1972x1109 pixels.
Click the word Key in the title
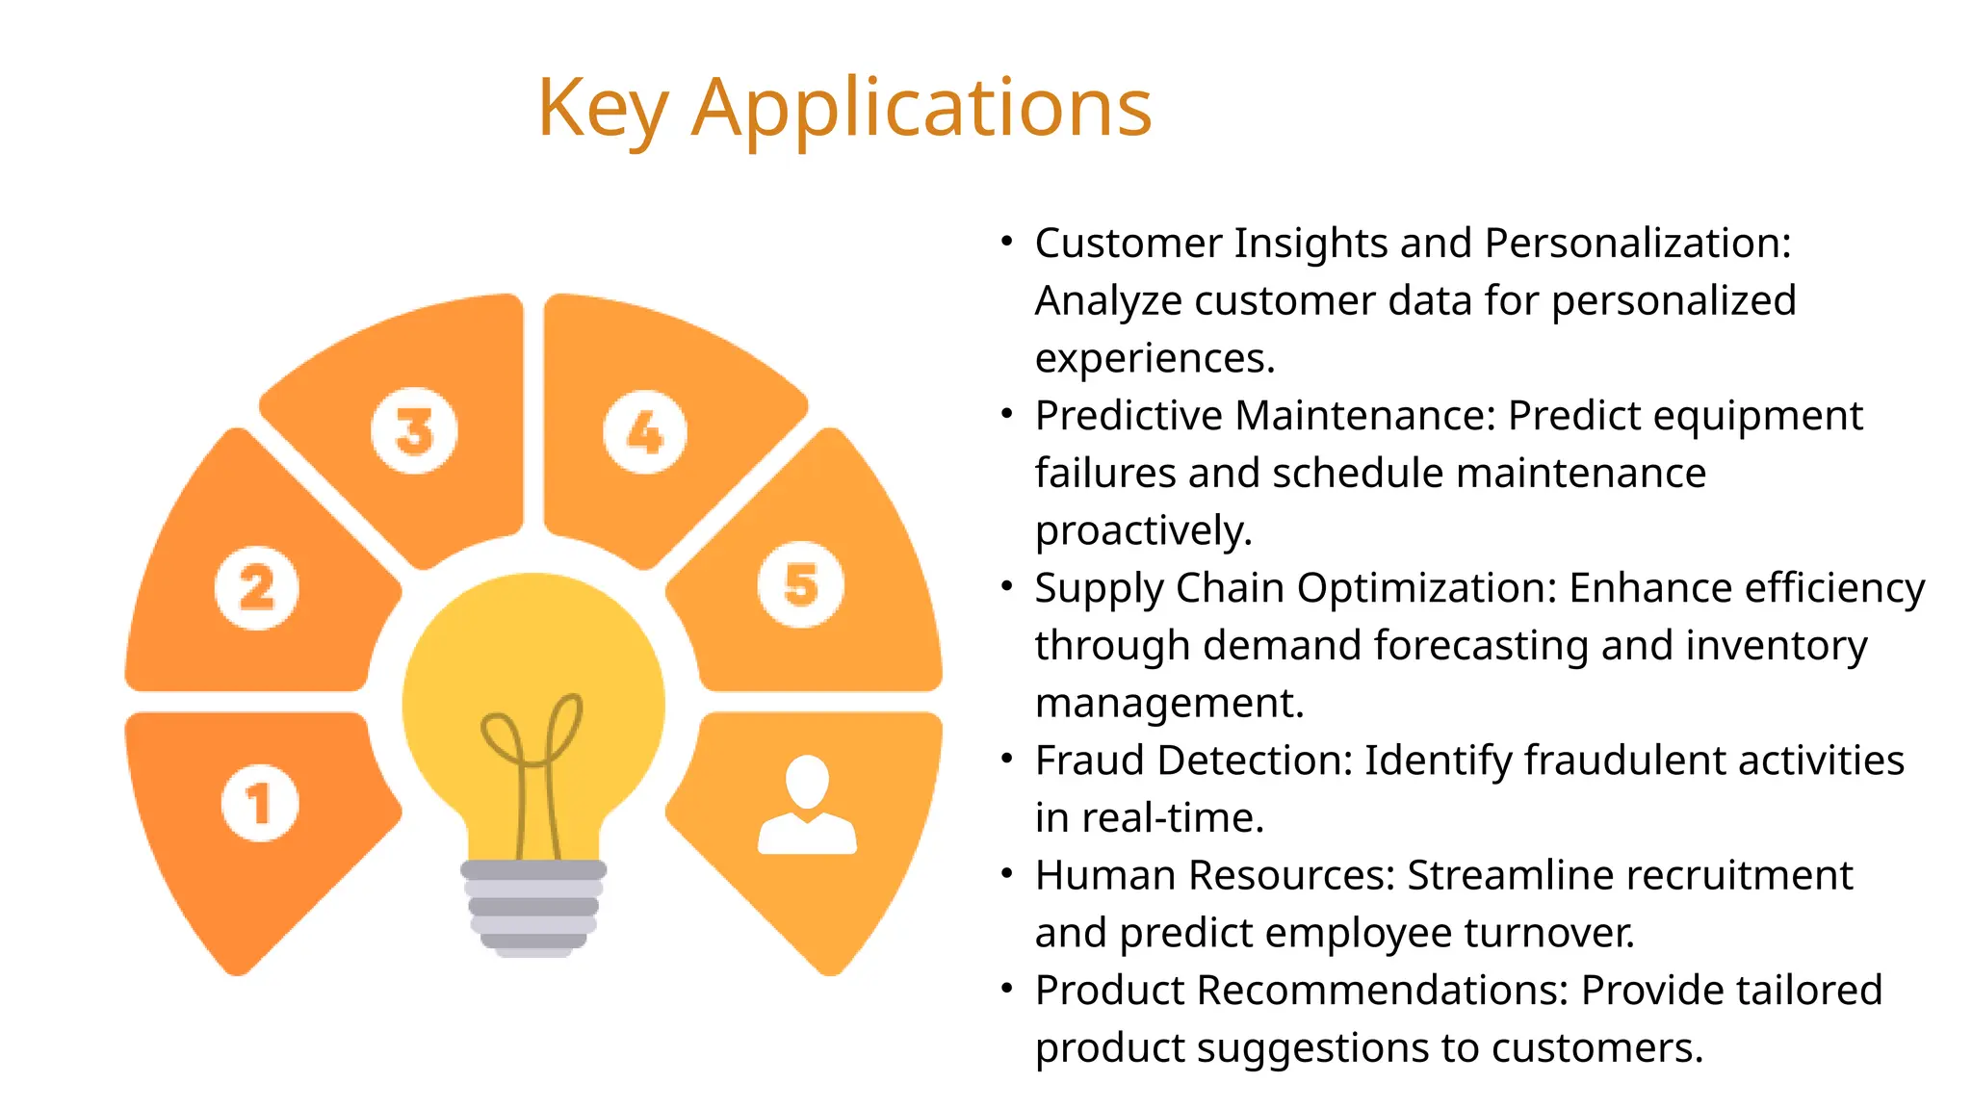point(602,108)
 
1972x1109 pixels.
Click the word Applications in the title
point(921,108)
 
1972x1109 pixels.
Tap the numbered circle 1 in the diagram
point(259,803)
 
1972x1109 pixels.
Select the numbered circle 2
point(256,587)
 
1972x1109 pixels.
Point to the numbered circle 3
point(414,430)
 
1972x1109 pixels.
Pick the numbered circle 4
point(645,432)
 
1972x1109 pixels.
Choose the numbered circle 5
point(800,584)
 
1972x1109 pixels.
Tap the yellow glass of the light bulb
point(534,655)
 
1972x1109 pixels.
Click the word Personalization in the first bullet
point(1636,244)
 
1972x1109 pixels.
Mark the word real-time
point(1172,818)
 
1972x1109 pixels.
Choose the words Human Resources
point(1214,876)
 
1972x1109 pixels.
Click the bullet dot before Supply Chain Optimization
point(1006,585)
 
